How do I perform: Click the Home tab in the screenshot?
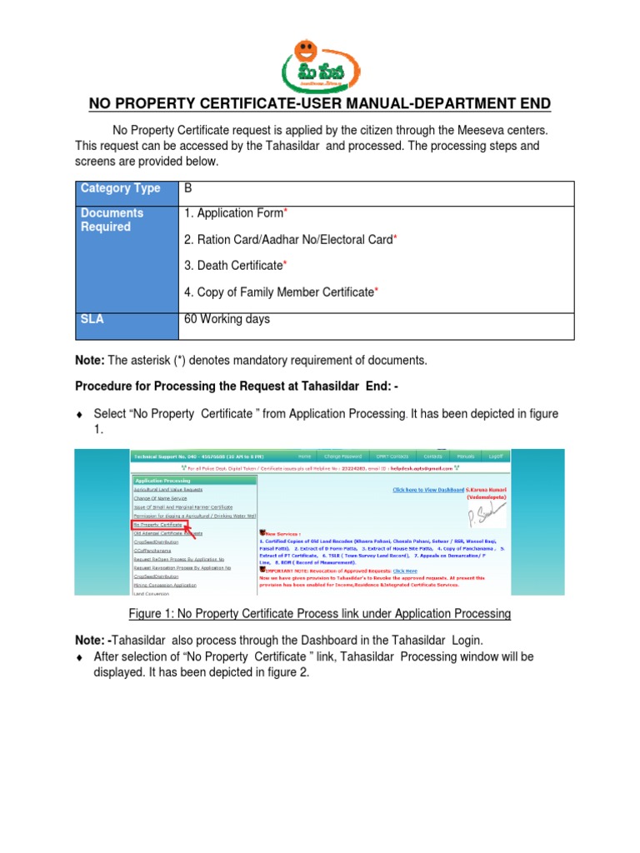tap(304, 456)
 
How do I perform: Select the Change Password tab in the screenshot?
tap(343, 456)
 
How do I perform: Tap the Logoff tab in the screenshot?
tap(497, 456)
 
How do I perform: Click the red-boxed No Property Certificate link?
tap(158, 526)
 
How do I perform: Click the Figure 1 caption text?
tap(320, 614)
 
